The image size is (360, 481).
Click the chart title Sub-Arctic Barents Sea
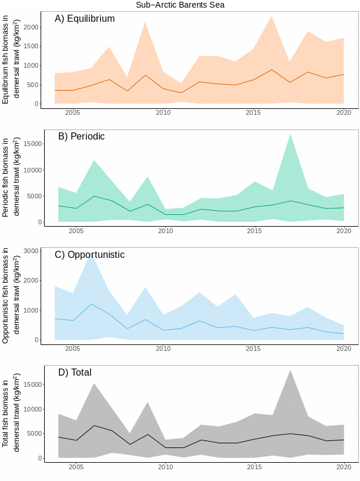(180, 5)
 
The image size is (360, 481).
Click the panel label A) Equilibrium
(85, 19)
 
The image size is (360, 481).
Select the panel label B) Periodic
(81, 137)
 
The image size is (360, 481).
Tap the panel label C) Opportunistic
(89, 255)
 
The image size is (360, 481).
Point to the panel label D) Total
(75, 373)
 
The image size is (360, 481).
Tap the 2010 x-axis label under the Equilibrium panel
(163, 112)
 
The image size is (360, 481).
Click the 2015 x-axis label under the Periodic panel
(254, 231)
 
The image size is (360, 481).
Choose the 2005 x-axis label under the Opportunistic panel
(73, 349)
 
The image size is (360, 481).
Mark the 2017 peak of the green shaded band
(290, 134)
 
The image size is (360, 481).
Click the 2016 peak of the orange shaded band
(271, 16)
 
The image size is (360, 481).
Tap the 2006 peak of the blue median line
(91, 304)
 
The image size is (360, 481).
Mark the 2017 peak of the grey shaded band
(290, 370)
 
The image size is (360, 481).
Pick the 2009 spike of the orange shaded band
(145, 22)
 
